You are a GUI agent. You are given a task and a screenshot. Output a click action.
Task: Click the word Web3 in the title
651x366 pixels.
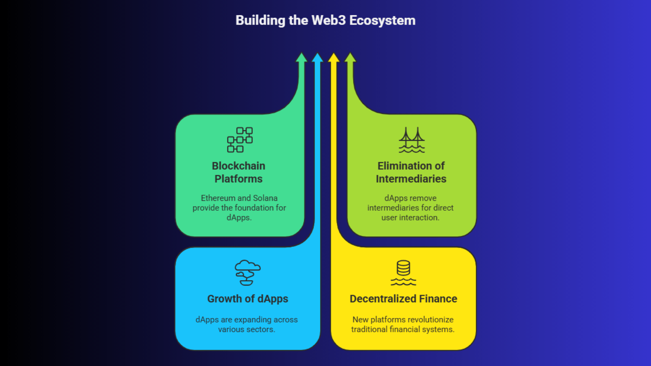328,20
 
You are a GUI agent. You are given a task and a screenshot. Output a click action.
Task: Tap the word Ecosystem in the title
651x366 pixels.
382,20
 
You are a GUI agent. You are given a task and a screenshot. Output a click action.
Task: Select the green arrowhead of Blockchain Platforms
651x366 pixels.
301,58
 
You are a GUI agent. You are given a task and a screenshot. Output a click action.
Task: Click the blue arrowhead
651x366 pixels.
317,58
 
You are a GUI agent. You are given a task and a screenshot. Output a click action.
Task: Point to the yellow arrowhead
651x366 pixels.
334,58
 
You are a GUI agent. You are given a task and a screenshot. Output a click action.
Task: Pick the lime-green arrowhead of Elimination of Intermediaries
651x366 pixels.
350,58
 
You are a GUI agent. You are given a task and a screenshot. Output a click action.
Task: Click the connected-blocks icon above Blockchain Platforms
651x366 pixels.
240,139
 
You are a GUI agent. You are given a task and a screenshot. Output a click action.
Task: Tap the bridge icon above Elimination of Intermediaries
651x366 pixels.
411,140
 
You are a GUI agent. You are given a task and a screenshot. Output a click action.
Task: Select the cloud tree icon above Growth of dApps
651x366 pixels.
247,272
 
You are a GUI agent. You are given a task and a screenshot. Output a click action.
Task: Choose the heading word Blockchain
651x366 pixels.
238,166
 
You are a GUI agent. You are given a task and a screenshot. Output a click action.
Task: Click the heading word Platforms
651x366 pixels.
238,179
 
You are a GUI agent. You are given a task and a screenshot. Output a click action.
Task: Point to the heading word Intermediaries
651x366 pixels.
411,179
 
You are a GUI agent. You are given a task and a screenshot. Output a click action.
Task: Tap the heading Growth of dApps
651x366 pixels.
247,299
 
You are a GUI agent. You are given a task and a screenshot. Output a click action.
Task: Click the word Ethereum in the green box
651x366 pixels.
218,198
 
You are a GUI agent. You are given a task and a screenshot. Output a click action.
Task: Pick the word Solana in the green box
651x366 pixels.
265,198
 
